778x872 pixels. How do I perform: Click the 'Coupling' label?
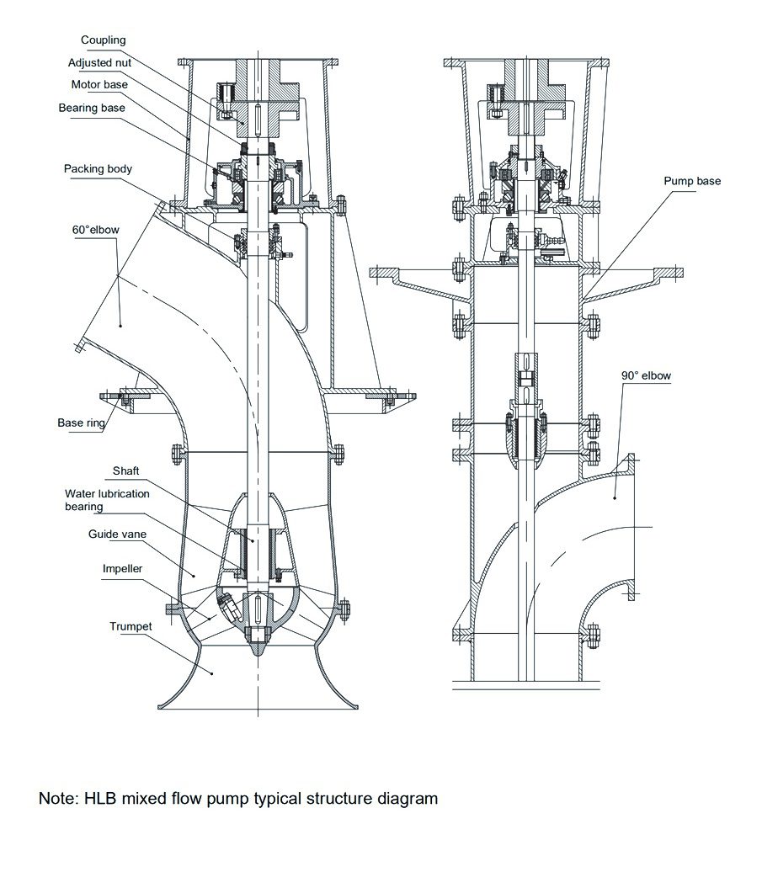point(103,40)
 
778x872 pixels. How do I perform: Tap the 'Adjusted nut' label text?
point(99,63)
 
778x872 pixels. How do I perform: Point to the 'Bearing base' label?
point(92,108)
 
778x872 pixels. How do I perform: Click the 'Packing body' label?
point(98,169)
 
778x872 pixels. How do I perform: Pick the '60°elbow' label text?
point(96,230)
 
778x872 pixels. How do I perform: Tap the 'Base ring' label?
point(82,423)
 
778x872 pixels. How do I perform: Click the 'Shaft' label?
point(125,471)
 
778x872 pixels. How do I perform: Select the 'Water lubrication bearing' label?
point(107,500)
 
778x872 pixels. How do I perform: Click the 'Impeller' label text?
point(122,568)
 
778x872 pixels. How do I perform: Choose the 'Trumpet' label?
point(131,626)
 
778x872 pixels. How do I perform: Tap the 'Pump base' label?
point(692,181)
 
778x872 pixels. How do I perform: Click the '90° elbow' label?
point(647,375)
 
